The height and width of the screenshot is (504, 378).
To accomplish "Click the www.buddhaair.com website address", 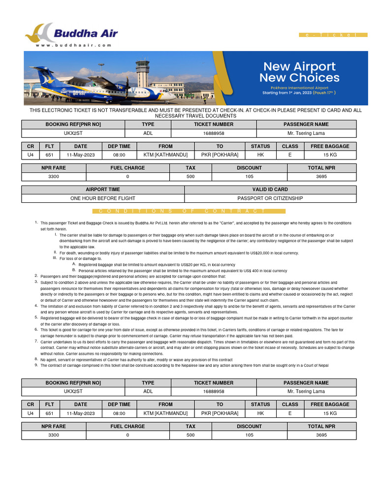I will coord(73,45).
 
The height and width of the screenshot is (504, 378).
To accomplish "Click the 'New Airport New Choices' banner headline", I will coord(299,72).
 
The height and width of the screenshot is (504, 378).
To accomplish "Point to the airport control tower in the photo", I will coord(143,71).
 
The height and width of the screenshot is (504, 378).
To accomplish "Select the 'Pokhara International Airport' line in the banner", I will coord(299,88).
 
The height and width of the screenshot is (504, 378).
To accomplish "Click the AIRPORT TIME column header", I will coord(103,189).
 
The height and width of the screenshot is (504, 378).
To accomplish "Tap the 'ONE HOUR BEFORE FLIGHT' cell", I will coord(103,198).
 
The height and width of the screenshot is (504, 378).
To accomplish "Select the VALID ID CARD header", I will coord(270,189).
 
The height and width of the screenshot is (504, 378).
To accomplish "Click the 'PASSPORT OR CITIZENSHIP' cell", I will coord(270,198).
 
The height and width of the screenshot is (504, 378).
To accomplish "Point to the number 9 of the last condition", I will coord(36,365).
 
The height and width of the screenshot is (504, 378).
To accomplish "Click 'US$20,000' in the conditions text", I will coord(267,253).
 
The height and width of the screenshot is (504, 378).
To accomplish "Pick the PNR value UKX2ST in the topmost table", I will coord(73,133).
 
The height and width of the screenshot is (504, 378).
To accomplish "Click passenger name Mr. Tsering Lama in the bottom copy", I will coord(306,391).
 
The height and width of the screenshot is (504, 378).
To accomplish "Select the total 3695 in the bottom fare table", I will coord(321,435).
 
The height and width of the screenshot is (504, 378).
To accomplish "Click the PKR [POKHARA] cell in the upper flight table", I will coord(220,155).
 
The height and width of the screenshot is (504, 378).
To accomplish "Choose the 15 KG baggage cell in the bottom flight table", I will coord(330,413).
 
